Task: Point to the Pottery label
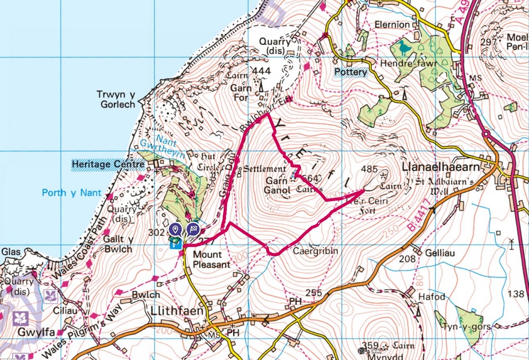point(351,72)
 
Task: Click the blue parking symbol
point(176,243)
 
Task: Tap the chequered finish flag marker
point(194,229)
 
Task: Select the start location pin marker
point(176,230)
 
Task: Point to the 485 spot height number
point(370,169)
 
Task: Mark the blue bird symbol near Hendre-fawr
point(405,47)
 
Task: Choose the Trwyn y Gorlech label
point(118,99)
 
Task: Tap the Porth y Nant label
point(68,193)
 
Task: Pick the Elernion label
point(392,24)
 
